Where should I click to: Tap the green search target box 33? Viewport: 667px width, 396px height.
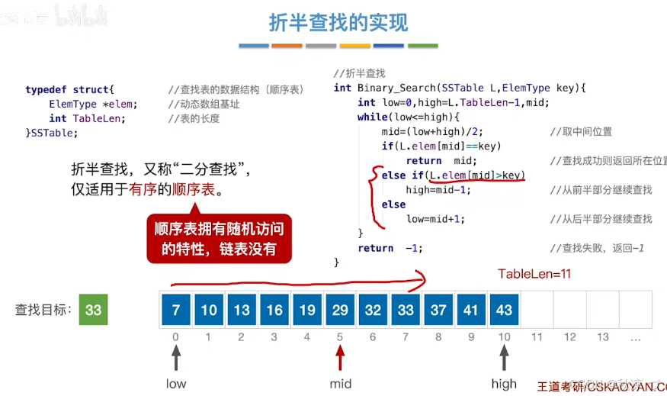(94, 310)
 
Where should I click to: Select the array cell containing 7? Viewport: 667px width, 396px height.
(176, 310)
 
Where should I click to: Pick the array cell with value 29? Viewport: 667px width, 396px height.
(340, 310)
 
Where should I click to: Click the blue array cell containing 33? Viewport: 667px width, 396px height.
(406, 310)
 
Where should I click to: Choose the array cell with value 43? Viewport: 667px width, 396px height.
(504, 310)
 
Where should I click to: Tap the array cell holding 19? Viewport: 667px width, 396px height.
(307, 310)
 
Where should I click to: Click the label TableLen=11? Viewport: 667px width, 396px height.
(534, 274)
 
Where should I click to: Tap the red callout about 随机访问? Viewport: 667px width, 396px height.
(219, 239)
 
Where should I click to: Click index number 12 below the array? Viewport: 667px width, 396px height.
(569, 336)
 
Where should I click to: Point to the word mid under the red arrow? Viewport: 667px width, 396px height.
(340, 384)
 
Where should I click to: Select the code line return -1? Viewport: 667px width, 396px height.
(390, 248)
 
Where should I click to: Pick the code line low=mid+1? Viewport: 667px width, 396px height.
(435, 219)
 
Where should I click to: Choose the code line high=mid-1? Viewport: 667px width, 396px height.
(438, 190)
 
